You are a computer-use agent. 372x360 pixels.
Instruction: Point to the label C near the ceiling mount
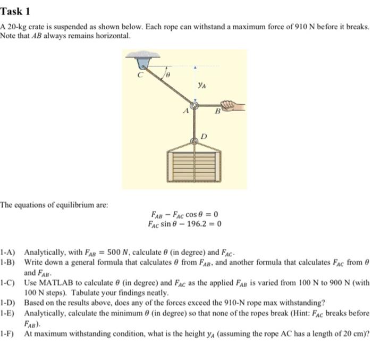click(x=141, y=75)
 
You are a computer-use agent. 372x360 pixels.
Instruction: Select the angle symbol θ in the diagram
click(x=167, y=76)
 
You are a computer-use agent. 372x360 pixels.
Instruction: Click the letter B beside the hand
click(x=217, y=112)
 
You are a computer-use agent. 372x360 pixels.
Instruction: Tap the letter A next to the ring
click(x=185, y=112)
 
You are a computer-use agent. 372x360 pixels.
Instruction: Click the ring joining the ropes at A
click(x=195, y=106)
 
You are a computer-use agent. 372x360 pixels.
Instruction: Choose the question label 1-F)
click(x=9, y=332)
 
